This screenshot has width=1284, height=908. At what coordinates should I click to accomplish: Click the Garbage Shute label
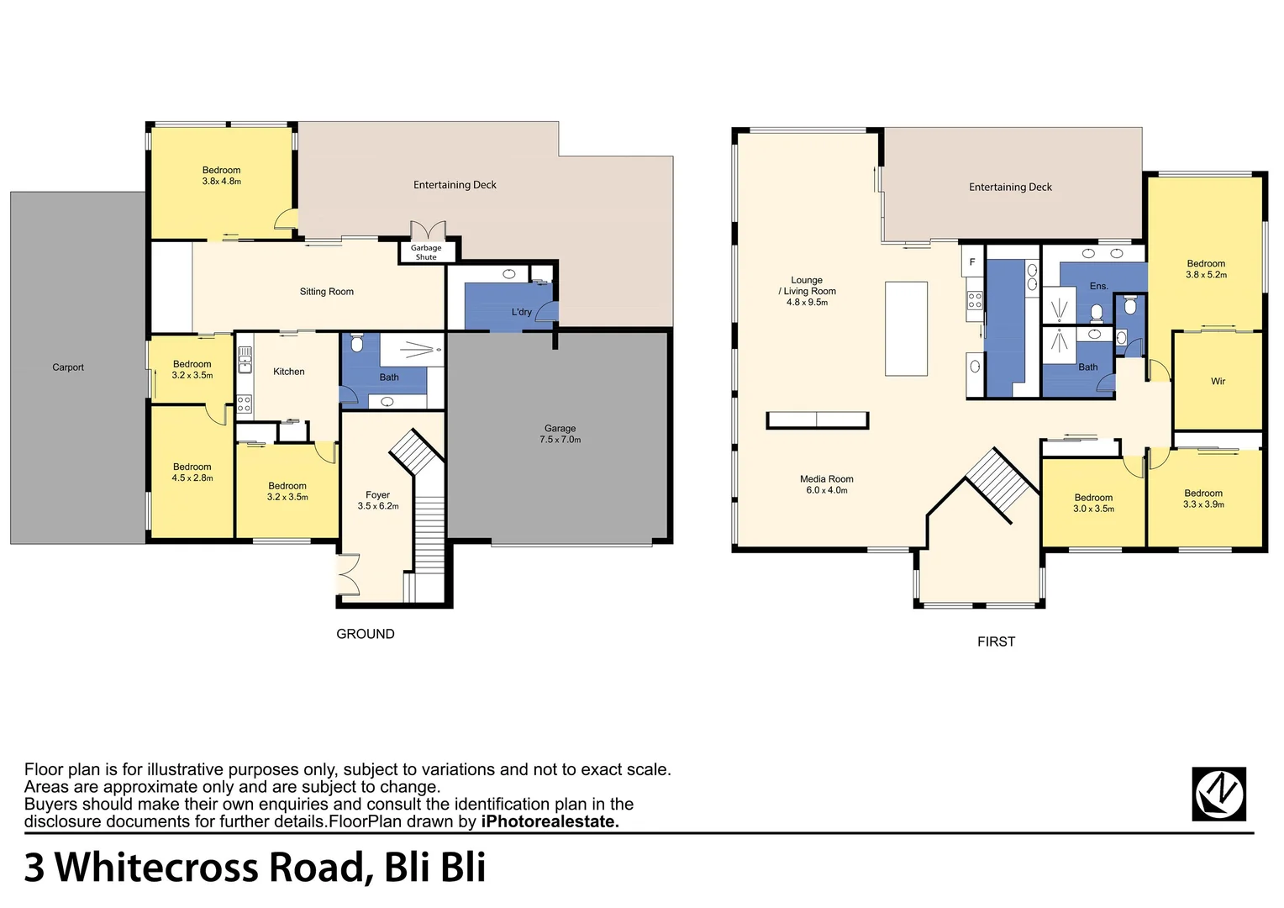coord(426,252)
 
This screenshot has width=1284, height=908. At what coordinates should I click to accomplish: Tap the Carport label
coord(68,367)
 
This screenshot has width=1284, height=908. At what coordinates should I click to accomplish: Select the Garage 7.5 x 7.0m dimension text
coord(560,440)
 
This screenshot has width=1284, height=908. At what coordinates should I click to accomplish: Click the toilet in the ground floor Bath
coord(356,343)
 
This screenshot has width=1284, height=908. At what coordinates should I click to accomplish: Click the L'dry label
coord(521,312)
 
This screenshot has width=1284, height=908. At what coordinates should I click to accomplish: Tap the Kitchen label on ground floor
coord(288,372)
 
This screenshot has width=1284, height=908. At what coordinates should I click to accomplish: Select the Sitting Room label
coord(326,292)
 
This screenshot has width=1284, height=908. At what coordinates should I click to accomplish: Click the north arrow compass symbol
coord(1218,794)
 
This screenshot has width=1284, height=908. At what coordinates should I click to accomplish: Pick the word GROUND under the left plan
coord(365,634)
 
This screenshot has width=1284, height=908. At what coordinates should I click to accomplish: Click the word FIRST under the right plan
coord(996,641)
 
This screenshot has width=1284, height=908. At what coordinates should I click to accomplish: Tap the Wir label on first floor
coord(1218,382)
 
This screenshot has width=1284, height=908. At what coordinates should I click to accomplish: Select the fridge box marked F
coord(972,262)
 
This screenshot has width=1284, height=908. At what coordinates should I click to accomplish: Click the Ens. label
coord(1098,286)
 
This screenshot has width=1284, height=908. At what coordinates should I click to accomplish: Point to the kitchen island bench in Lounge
coord(906,329)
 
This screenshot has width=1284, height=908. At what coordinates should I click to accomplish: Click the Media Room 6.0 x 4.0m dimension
coord(826,490)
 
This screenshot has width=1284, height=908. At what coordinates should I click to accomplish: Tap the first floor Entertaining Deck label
coord(1010,187)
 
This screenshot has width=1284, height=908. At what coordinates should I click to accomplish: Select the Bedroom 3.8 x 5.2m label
coord(1206,275)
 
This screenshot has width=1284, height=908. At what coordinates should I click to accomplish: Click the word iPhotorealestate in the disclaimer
coord(550,821)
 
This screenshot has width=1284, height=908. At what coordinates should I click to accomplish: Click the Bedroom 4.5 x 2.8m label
coord(192,478)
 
